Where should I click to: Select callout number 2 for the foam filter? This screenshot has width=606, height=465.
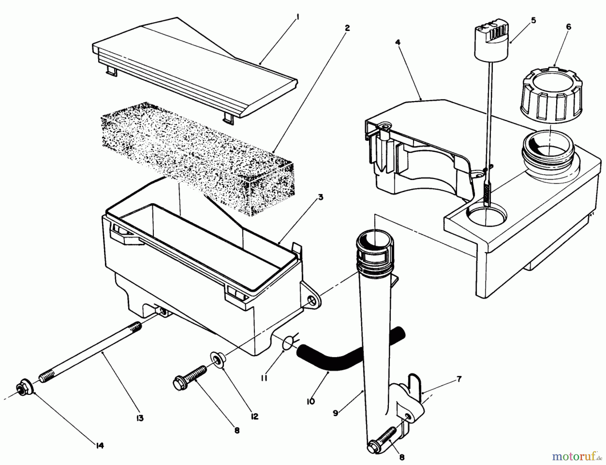coord(347,28)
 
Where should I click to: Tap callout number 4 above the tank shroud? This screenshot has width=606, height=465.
coord(398,42)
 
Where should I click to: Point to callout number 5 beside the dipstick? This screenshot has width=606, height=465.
coord(533,21)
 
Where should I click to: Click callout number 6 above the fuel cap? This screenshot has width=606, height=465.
coord(568,27)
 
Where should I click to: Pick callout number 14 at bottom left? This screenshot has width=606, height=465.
coord(100,445)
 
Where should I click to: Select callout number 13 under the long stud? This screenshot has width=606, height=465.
coord(140,418)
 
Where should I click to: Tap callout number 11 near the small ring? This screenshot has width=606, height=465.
coord(264,378)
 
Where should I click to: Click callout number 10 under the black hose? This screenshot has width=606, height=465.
coord(310,402)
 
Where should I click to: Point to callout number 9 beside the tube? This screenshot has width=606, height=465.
coord(335,413)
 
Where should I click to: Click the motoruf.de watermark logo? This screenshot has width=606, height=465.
coord(577,457)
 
